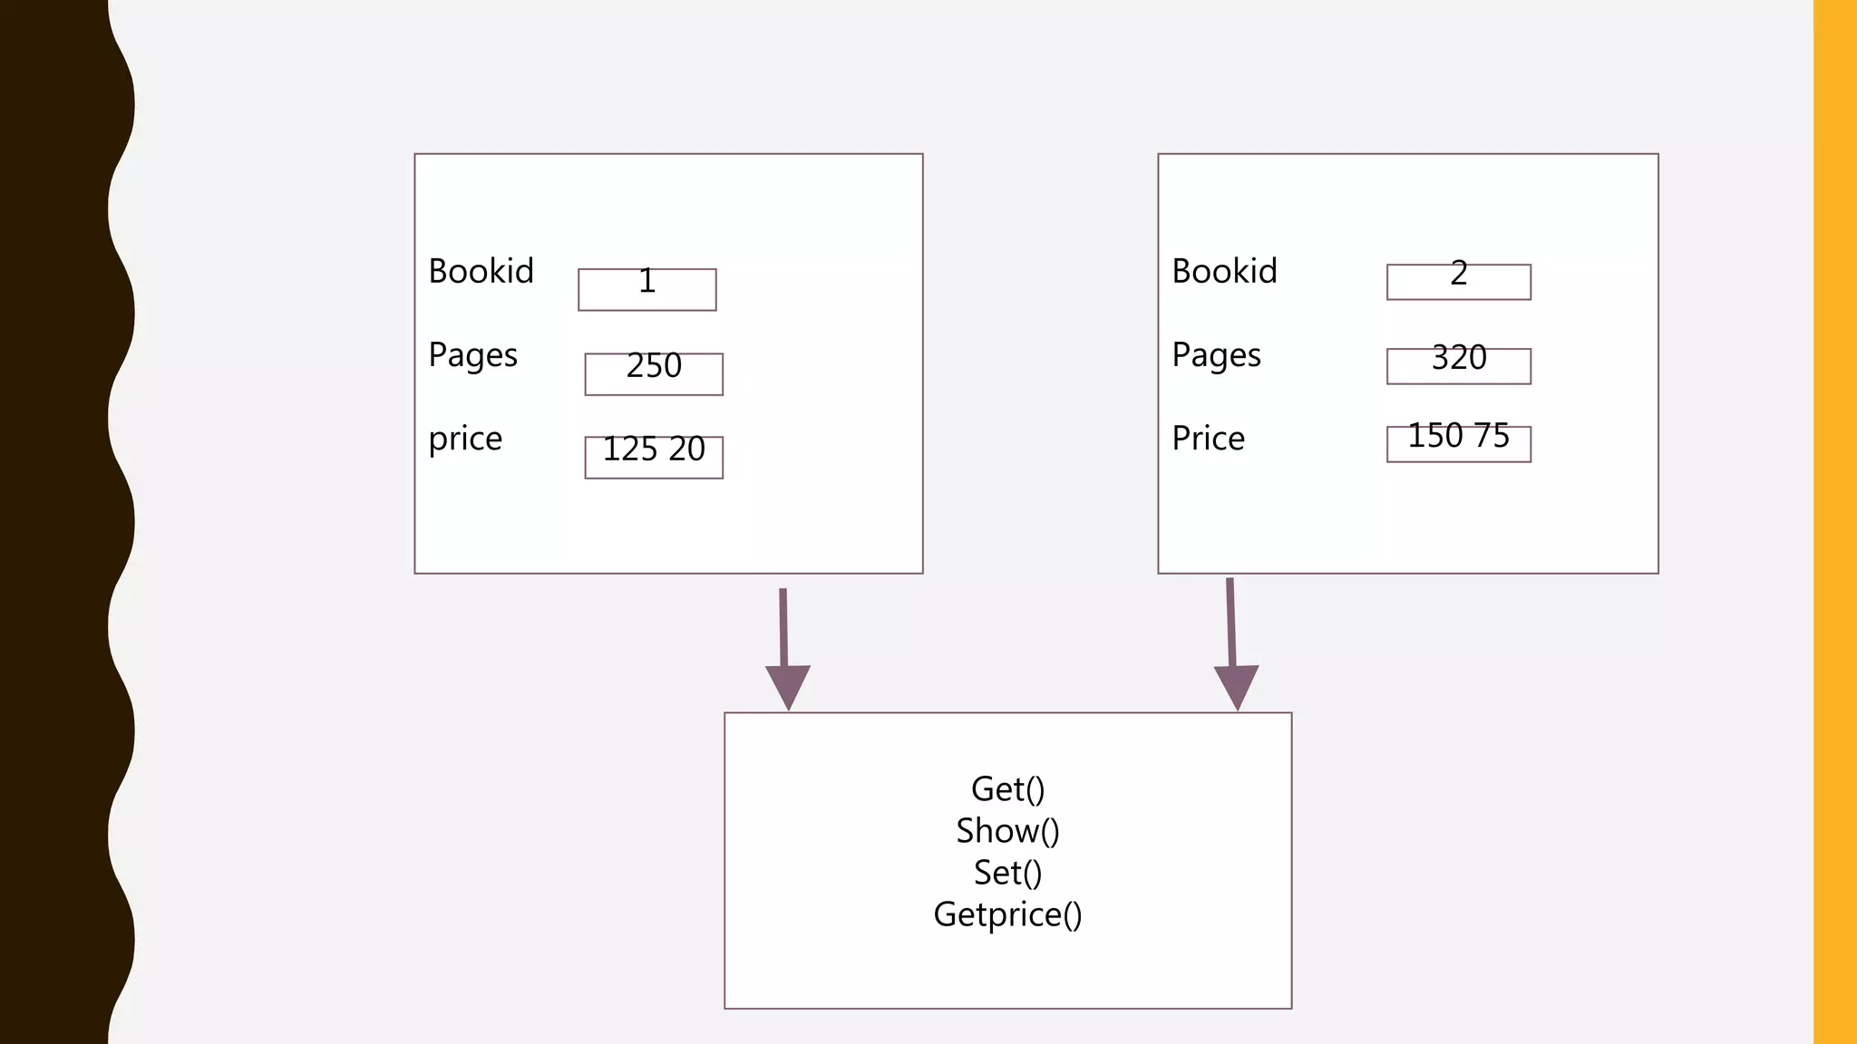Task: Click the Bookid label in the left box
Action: (x=481, y=271)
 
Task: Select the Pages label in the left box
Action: (x=472, y=355)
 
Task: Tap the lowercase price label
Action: (x=465, y=439)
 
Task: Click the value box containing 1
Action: (x=647, y=289)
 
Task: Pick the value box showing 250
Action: (x=654, y=373)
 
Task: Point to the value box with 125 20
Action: (x=654, y=457)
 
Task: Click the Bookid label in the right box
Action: (x=1224, y=271)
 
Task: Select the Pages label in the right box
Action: (x=1216, y=355)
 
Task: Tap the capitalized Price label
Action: (x=1208, y=439)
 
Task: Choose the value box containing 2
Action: (x=1458, y=282)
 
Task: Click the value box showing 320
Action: (x=1458, y=366)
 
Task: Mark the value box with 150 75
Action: (x=1458, y=444)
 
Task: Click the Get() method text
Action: (x=1007, y=789)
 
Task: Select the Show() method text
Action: (x=1007, y=831)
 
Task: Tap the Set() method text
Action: (x=1007, y=873)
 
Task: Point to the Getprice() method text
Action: (x=1007, y=914)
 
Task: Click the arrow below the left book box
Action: (x=784, y=634)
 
